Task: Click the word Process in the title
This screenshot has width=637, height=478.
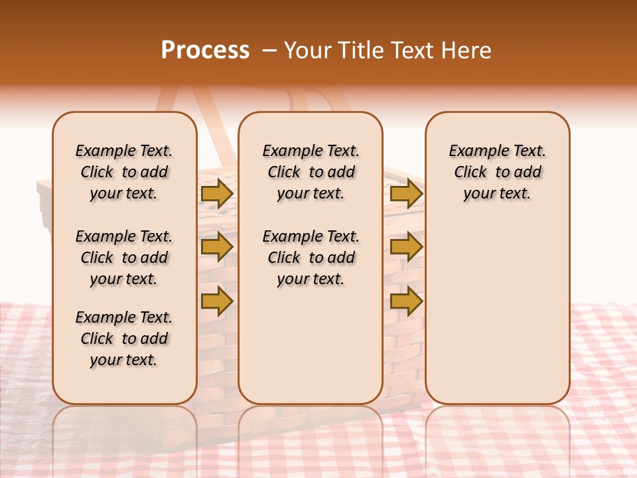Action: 205,50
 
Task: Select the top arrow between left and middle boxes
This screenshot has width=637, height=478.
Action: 217,194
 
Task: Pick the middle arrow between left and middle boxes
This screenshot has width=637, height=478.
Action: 217,247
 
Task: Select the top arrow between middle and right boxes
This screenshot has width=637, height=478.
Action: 406,194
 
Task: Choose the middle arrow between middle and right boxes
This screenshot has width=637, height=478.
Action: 406,247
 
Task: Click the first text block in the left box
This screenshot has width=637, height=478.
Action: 124,172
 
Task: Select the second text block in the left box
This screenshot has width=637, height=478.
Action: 124,258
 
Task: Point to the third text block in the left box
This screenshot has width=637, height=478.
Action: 124,339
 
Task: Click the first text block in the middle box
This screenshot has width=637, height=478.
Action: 311,172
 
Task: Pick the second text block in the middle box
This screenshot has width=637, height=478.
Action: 311,258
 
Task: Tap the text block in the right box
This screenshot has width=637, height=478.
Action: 497,172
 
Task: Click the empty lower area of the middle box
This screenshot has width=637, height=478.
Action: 311,345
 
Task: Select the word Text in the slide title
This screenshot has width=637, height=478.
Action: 411,50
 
